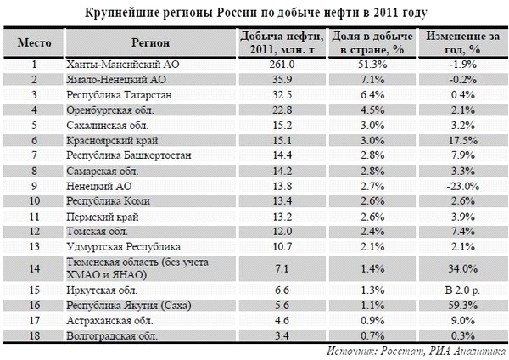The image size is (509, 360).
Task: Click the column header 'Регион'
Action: [150, 43]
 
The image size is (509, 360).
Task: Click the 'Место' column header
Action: [34, 43]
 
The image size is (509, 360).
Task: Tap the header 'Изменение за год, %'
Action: [462, 43]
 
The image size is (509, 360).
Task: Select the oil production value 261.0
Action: [282, 65]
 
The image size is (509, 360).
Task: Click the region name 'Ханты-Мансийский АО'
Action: [123, 65]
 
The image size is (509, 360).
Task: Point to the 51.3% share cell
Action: [372, 65]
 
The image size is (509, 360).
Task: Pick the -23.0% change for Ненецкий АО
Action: [462, 187]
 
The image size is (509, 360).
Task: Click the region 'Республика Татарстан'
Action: [119, 95]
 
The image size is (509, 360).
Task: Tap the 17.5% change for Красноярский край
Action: [462, 141]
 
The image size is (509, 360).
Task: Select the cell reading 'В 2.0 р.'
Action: [462, 290]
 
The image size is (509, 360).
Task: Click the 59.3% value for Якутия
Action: [462, 306]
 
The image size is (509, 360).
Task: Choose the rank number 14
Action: [34, 268]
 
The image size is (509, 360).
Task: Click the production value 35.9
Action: [282, 80]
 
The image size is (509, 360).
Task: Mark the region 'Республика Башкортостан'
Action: [129, 155]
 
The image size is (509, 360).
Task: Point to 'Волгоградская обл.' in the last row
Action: [112, 335]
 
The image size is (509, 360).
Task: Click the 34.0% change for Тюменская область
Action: [462, 268]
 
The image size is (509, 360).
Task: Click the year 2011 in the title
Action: [385, 13]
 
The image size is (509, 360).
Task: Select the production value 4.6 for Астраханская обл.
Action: [282, 321]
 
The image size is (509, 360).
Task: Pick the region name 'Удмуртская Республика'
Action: [123, 247]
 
